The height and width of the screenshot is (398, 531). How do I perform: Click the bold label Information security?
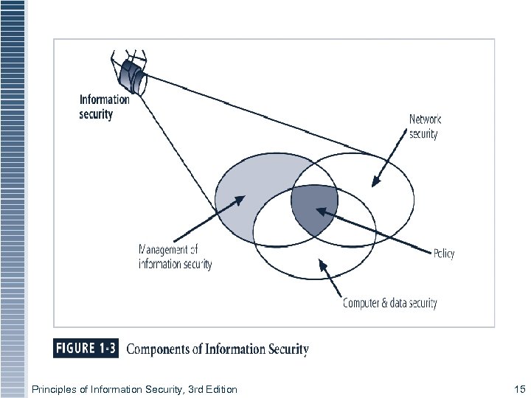click(104, 106)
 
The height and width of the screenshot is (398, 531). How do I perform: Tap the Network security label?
click(426, 126)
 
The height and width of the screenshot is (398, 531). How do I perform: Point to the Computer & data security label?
click(390, 303)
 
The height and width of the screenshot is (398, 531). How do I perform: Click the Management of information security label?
click(176, 256)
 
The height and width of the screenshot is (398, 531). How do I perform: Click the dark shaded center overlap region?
click(313, 209)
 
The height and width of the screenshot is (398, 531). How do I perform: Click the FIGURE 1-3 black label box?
click(85, 348)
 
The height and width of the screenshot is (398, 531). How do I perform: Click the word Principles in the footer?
click(51, 388)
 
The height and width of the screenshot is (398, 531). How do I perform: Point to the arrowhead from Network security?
click(374, 182)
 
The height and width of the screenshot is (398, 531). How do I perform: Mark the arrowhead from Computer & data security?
click(320, 262)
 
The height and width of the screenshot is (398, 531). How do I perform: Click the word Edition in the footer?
click(219, 388)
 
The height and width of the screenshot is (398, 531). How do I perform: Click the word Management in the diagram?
click(167, 249)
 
